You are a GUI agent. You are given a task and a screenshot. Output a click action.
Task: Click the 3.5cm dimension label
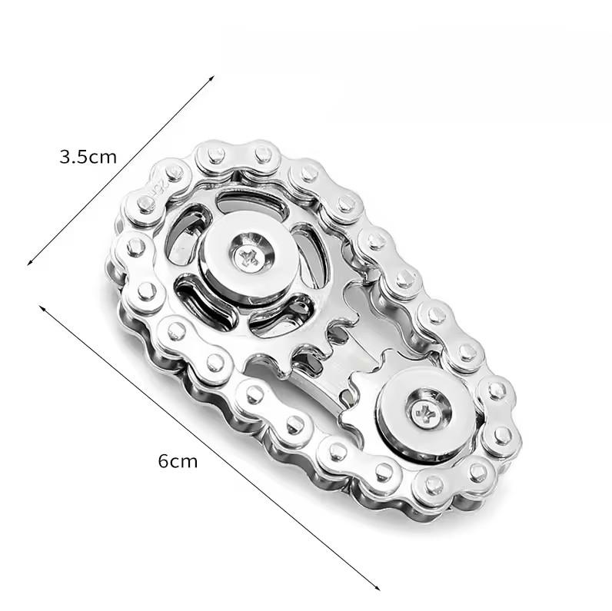[x=88, y=158]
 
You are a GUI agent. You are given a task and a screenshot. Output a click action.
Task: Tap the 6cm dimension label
[x=178, y=461]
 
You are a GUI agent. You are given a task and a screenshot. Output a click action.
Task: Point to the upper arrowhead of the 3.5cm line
[x=211, y=78]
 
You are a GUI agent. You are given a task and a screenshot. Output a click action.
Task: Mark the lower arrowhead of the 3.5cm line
[x=29, y=263]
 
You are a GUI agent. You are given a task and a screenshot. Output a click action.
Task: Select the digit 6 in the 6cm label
[x=163, y=461]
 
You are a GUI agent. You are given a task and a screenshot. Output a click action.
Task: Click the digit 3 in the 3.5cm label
[x=65, y=158]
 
